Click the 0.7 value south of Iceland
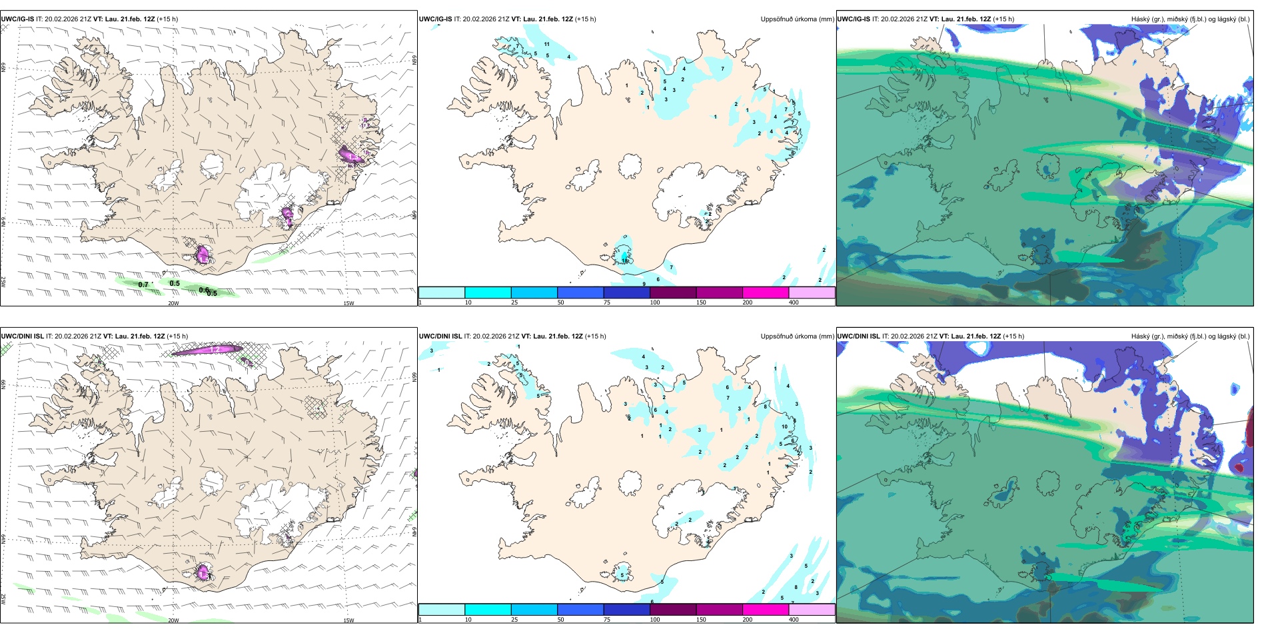coord(143,285)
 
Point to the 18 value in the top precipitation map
coord(625,261)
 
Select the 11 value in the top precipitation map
coord(546,44)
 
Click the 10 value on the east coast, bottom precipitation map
coord(784,426)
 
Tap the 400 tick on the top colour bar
coord(794,303)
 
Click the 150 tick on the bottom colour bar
coord(701,620)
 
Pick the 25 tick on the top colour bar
coord(514,303)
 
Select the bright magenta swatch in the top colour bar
coord(765,293)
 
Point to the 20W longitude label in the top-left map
coord(173,303)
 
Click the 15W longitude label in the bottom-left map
coord(348,620)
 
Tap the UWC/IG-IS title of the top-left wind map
coord(17,19)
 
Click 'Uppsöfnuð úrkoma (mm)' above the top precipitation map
coord(797,19)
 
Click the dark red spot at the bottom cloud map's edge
coord(1239,467)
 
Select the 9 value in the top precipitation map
coord(644,284)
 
